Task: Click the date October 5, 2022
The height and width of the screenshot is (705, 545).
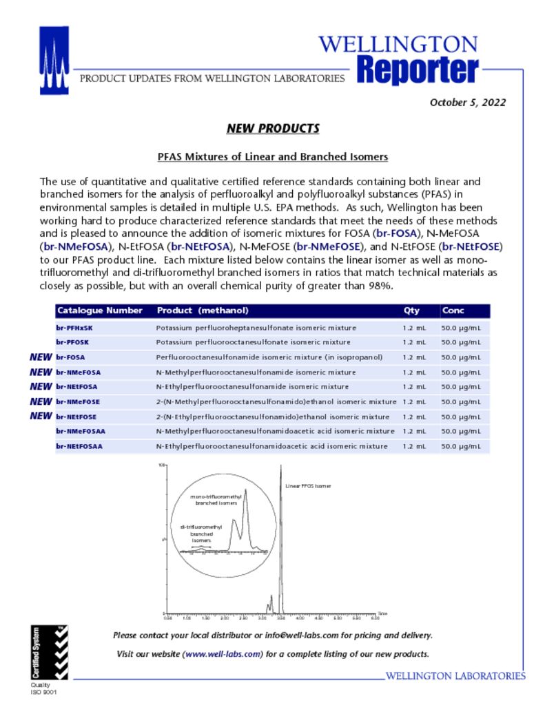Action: pyautogui.click(x=468, y=103)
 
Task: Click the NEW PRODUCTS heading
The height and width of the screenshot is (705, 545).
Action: pyautogui.click(x=273, y=129)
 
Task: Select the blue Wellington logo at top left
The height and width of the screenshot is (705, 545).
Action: pyautogui.click(x=54, y=60)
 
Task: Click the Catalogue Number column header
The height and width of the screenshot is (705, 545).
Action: pyautogui.click(x=100, y=311)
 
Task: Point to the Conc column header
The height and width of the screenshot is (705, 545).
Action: pyautogui.click(x=453, y=311)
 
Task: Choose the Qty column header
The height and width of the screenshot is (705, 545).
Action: pyautogui.click(x=411, y=311)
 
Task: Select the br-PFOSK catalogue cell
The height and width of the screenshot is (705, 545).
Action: pyautogui.click(x=72, y=342)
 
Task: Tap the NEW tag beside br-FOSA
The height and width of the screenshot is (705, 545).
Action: pyautogui.click(x=41, y=357)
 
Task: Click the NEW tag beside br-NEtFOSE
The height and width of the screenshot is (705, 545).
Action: pyautogui.click(x=41, y=416)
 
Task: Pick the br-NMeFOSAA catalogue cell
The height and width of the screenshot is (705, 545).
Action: pyautogui.click(x=81, y=432)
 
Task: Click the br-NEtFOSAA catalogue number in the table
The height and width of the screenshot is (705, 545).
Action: pyautogui.click(x=79, y=446)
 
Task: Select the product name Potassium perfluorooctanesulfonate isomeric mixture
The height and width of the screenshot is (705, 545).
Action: pyautogui.click(x=253, y=342)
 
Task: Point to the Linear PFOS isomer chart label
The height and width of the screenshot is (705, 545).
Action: pyautogui.click(x=308, y=486)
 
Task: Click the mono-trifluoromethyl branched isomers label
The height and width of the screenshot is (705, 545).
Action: pyautogui.click(x=216, y=499)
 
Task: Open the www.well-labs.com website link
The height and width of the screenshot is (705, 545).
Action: pyautogui.click(x=223, y=653)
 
